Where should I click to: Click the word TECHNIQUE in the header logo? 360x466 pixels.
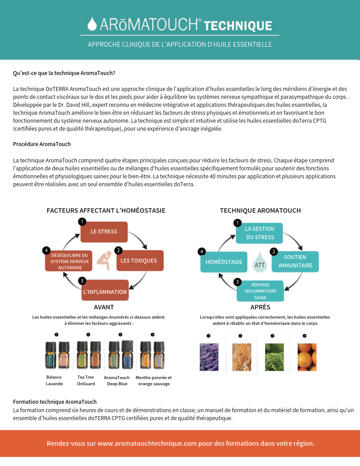[239, 25]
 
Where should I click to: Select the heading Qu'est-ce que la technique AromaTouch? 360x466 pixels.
[64, 73]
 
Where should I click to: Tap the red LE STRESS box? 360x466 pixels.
[104, 232]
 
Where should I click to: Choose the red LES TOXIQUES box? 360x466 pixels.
[139, 261]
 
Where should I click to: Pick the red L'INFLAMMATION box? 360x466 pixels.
[105, 292]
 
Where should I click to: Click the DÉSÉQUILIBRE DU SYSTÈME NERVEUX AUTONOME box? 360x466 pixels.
[70, 261]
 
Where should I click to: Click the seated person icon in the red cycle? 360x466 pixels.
[104, 260]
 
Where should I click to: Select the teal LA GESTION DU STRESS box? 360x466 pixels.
[259, 233]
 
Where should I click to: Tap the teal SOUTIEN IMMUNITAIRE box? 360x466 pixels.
[296, 261]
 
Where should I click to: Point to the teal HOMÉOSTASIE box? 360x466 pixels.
[224, 262]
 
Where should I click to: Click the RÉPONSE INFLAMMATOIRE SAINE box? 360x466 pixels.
[260, 291]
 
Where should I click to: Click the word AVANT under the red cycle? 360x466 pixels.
[104, 307]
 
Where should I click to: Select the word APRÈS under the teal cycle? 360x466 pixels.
[260, 307]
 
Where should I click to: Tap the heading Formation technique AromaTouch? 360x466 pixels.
[55, 402]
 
